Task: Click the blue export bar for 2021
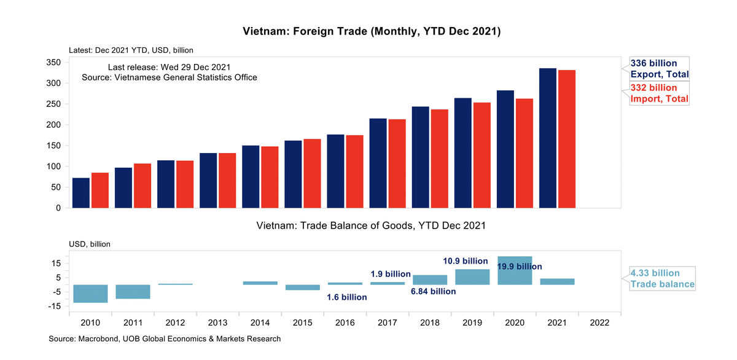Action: [x=547, y=138]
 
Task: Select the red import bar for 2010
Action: [x=100, y=190]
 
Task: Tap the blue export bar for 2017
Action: [x=378, y=163]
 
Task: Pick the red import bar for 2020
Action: [x=524, y=154]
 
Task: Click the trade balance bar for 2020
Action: [x=515, y=270]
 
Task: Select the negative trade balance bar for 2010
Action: [x=91, y=294]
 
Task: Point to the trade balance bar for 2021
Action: [x=557, y=281]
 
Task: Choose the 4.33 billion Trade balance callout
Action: [x=663, y=279]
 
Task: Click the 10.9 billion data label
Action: [x=466, y=261]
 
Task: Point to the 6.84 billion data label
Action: [x=433, y=291]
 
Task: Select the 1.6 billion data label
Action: [x=347, y=297]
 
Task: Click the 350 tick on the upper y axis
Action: [x=53, y=63]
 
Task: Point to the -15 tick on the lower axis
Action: [x=53, y=307]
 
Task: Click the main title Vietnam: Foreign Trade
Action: [x=372, y=31]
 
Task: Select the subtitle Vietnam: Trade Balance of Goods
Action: [x=371, y=225]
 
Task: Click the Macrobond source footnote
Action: [x=165, y=338]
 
